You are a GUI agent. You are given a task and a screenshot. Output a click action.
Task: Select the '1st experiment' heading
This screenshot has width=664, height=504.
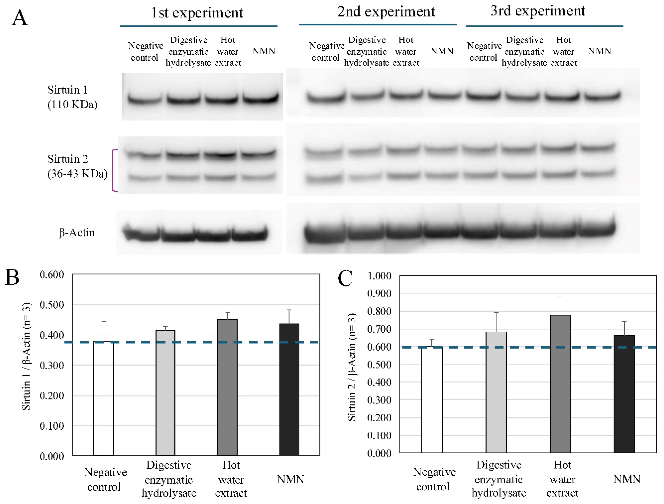click(x=197, y=13)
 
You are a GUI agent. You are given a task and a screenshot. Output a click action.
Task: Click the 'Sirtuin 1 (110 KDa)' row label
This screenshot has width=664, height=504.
click(x=72, y=97)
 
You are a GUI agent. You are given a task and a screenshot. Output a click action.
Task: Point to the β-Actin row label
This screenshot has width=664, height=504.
click(x=77, y=232)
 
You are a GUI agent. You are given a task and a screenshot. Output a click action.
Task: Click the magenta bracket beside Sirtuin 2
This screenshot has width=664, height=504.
click(x=114, y=170)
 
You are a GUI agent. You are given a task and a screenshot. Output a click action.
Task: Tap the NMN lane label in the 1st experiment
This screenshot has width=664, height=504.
click(x=264, y=51)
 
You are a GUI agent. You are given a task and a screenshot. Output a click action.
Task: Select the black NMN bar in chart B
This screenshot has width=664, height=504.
click(x=289, y=389)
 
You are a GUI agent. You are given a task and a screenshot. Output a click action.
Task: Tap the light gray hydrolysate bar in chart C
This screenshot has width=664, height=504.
click(x=496, y=392)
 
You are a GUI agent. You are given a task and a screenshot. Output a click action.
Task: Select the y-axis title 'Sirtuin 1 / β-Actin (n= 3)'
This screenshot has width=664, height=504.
click(x=26, y=356)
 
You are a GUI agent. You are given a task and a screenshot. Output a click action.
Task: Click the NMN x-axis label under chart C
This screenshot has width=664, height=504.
click(x=627, y=479)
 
